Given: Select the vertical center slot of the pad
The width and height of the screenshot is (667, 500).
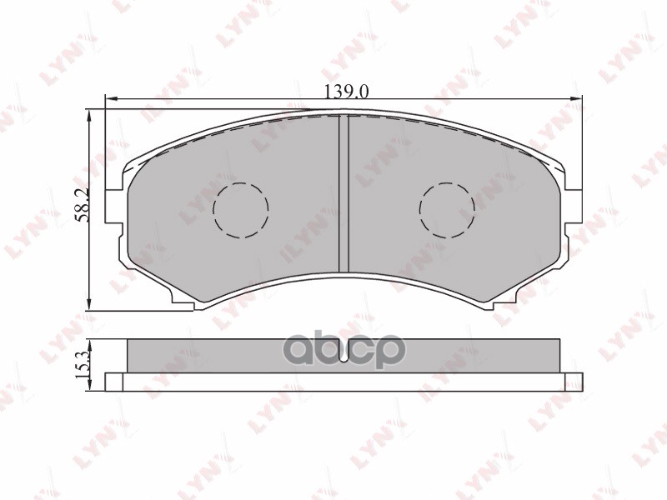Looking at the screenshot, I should pos(343,193).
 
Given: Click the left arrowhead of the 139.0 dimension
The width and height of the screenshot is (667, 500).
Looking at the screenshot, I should pos(108,101).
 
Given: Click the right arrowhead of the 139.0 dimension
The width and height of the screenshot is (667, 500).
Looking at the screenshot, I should pos(577,101).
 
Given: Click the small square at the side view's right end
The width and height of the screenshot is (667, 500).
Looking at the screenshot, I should pos(573,381).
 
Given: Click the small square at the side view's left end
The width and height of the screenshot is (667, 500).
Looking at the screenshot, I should pos(114,381).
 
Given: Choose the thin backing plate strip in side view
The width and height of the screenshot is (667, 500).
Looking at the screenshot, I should pos(343,382).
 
